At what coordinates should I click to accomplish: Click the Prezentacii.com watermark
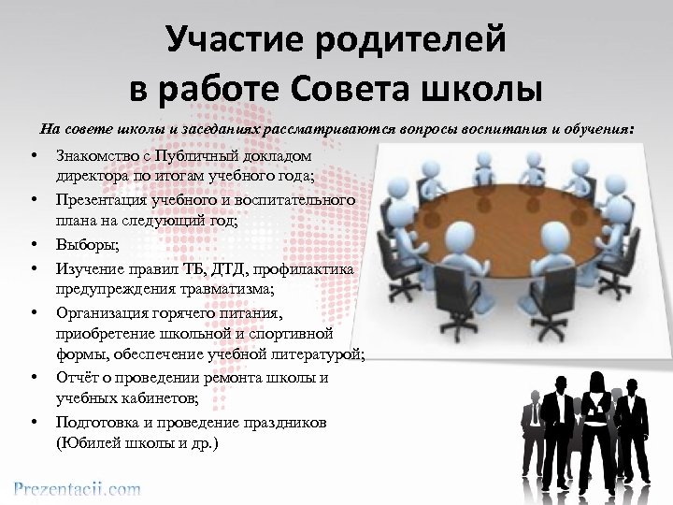coord(77,488)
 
